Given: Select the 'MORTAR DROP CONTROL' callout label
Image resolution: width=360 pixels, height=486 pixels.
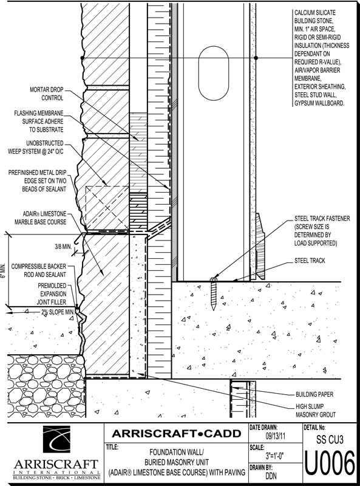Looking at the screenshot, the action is pos(47,94).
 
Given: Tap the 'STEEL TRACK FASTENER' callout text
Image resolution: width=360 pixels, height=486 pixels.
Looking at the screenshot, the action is pos(322,219).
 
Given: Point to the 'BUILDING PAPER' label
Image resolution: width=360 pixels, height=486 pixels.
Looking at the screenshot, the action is pos(314,394).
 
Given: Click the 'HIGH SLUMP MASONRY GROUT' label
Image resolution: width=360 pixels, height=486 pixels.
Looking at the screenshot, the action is pos(316,411).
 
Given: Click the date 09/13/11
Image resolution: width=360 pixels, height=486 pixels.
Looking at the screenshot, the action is pos(276,436).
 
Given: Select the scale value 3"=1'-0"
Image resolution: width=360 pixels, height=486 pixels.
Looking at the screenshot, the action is pos(275,456).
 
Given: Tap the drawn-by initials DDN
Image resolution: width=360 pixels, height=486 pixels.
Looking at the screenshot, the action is pos(271,476).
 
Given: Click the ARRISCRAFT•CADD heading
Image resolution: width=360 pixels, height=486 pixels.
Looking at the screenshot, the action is pos(176,433).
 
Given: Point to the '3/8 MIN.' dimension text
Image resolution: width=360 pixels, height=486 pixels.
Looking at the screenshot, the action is pos(63,247).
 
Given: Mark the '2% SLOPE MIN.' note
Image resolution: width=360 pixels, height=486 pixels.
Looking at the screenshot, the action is pos(57,312).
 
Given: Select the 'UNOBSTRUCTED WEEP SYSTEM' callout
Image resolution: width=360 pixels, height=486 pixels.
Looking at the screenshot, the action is pos(36,147).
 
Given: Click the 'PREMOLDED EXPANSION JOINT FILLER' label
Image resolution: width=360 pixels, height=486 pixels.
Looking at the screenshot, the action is pos(52,294).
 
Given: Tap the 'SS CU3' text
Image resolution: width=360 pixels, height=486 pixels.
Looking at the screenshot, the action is pos(330,439).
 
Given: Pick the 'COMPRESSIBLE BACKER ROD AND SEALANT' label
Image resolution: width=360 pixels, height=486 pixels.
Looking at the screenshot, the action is pos(38,270).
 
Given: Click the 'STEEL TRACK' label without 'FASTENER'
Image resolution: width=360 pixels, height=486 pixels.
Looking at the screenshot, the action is pos(310,261).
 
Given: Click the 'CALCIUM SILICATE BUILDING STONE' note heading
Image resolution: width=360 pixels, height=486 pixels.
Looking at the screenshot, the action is pos(314,17).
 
